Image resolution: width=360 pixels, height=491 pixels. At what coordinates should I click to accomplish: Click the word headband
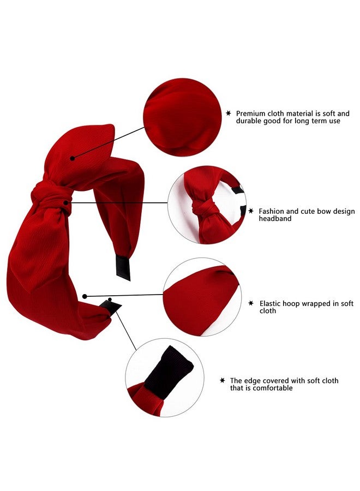pos(275,219)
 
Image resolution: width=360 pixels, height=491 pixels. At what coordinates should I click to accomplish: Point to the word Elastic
pos(270,303)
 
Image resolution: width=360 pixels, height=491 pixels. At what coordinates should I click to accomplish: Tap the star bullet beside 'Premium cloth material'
pos(229,113)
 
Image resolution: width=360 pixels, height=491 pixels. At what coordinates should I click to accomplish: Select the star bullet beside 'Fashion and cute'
pos(251,211)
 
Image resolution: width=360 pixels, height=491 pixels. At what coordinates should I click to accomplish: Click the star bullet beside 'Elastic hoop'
pos(251,303)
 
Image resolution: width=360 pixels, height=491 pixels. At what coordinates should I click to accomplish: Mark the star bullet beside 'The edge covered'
pos(222,380)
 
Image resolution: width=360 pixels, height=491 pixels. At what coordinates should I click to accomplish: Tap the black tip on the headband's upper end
pos(123,267)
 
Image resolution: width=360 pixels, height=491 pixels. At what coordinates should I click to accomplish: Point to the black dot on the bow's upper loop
pos(73,158)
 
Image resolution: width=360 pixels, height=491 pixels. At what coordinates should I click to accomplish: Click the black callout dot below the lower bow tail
pos(85,296)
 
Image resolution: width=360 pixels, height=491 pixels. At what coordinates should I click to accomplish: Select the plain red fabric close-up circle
pos(182,117)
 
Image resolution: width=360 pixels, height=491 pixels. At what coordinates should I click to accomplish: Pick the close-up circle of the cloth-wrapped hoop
pos(202,297)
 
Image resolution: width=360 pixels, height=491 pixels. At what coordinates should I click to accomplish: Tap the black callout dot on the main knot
pos(66,203)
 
